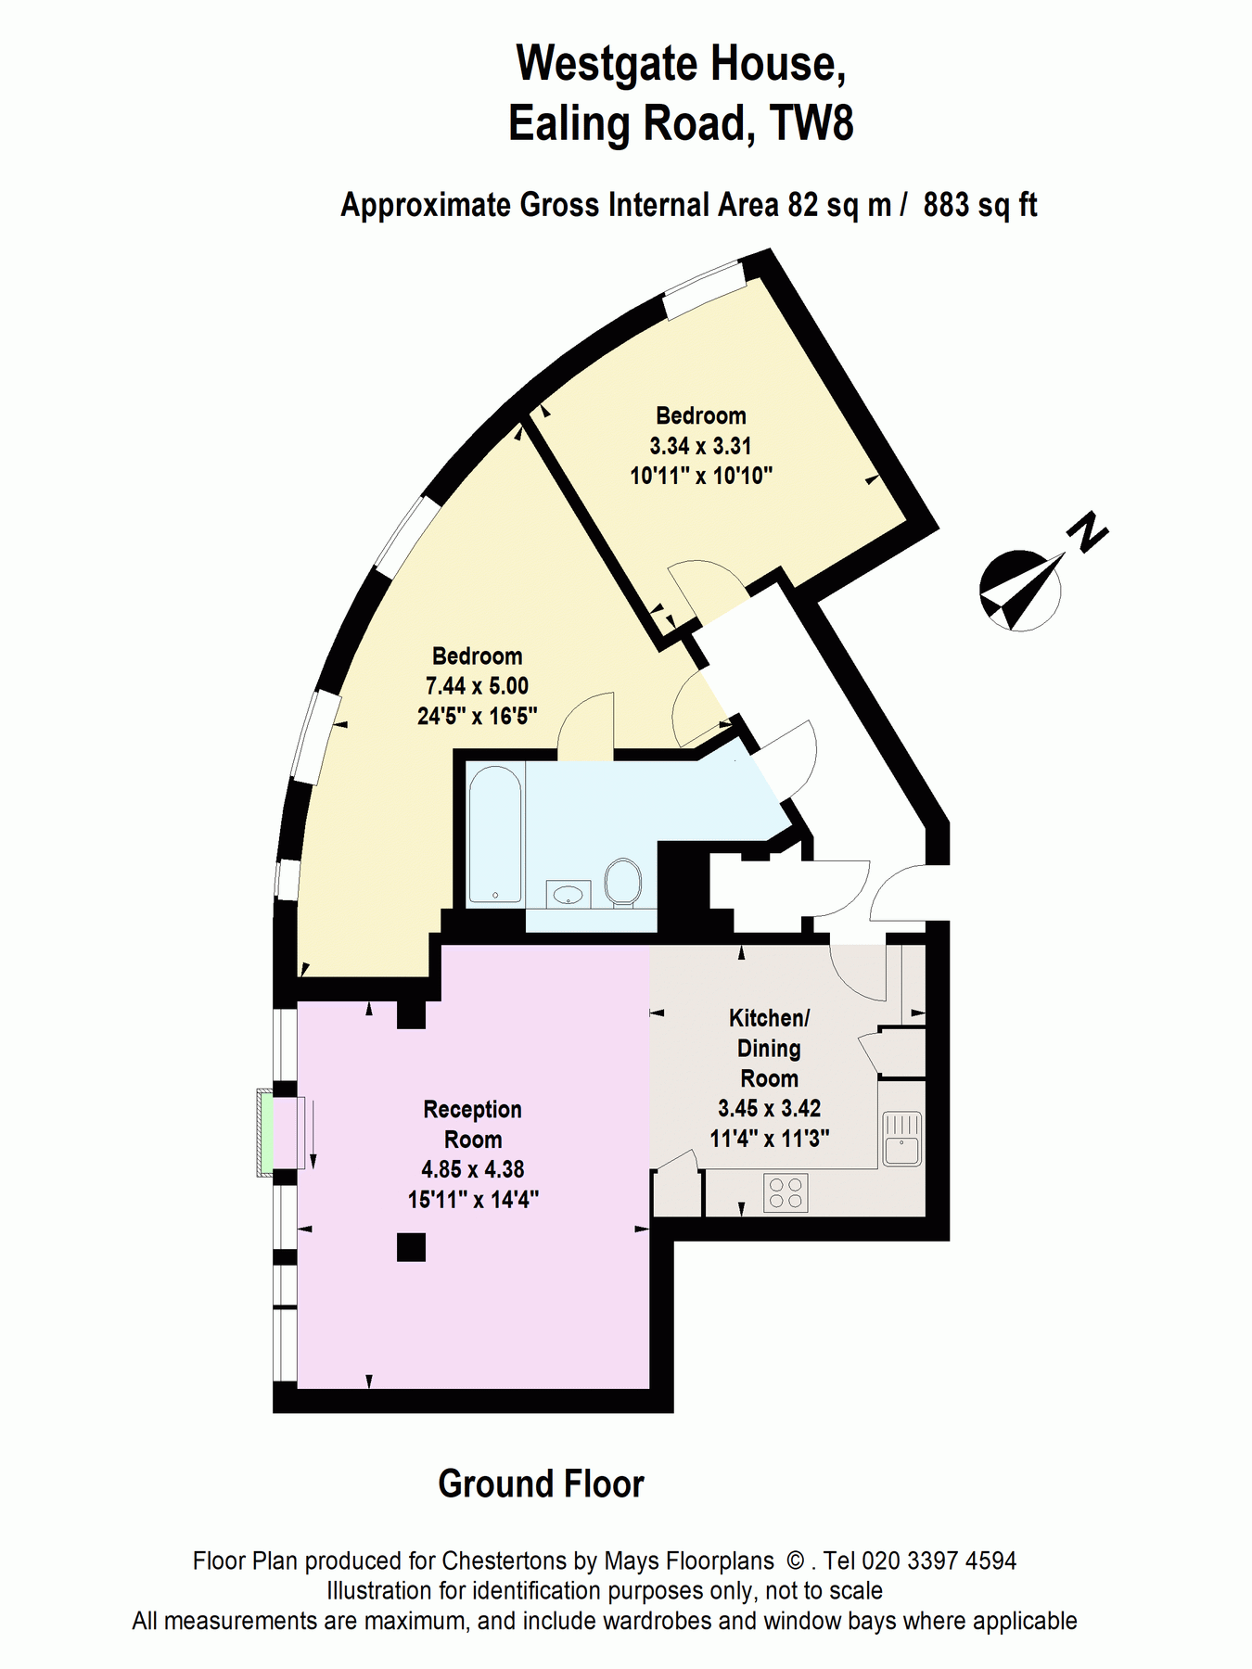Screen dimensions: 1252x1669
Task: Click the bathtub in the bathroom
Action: click(495, 834)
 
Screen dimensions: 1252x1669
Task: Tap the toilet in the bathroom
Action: click(622, 882)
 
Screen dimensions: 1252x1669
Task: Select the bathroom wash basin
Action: click(569, 894)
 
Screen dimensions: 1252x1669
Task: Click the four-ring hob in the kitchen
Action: click(786, 1193)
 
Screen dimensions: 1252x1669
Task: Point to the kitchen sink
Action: click(902, 1139)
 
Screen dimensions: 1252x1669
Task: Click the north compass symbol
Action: click(1020, 591)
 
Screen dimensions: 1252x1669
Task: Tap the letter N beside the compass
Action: click(1087, 532)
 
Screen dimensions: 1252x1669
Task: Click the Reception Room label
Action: click(473, 1125)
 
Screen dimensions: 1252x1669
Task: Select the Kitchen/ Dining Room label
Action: click(770, 1048)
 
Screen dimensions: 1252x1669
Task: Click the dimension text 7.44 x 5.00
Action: click(477, 686)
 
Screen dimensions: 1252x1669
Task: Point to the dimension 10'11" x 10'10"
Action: click(701, 476)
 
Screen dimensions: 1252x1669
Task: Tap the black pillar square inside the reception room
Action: click(411, 1247)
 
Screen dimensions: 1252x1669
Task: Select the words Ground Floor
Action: click(541, 1484)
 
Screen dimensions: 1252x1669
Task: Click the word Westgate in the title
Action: click(605, 63)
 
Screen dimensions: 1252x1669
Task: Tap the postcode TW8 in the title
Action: click(812, 123)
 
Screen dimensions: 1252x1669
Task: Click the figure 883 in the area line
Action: click(947, 204)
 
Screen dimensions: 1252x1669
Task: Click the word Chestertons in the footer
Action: click(505, 1561)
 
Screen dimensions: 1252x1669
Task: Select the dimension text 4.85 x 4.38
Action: click(473, 1169)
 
